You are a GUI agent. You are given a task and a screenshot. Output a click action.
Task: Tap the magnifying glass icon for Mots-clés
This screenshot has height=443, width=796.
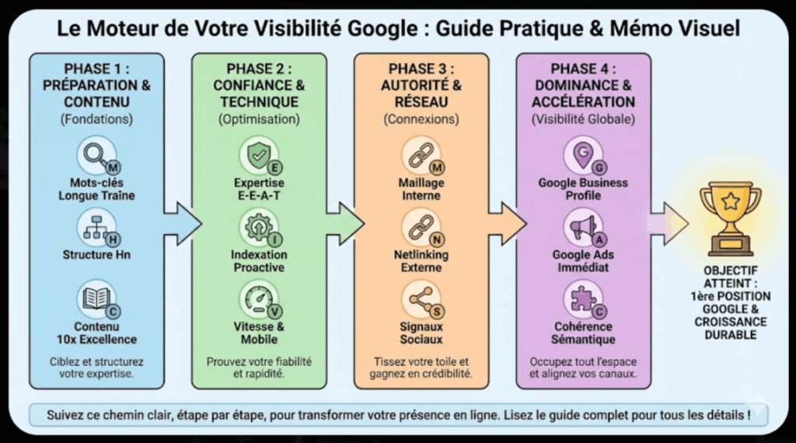click(96, 155)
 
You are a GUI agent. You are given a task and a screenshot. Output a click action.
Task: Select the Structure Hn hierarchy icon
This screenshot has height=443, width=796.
click(96, 227)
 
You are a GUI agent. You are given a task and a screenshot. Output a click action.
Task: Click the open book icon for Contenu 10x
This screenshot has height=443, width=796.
click(96, 299)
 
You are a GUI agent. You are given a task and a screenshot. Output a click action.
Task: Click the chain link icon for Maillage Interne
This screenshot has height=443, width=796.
click(421, 155)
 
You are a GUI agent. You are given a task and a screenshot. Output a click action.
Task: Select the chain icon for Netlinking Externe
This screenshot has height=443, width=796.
click(421, 227)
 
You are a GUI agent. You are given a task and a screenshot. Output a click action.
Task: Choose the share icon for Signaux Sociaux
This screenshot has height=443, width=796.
click(421, 299)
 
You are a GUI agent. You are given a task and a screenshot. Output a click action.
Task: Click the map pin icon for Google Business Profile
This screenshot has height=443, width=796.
click(581, 155)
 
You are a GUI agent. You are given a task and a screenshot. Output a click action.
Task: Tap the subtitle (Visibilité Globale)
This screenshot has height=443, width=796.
click(583, 120)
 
